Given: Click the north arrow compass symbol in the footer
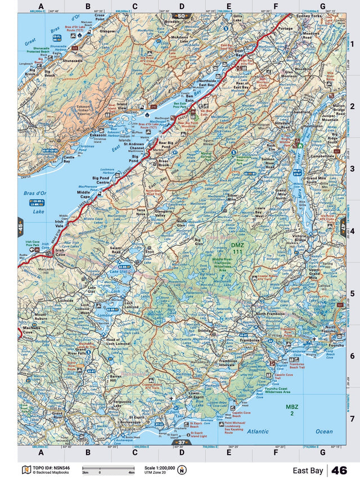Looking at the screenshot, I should click(x=182, y=469).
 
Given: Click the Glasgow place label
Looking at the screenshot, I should click(x=107, y=32).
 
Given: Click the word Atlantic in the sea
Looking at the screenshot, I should click(x=258, y=431).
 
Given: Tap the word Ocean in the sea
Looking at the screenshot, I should click(x=324, y=432).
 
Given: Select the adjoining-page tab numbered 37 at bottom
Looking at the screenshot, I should click(x=181, y=444).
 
